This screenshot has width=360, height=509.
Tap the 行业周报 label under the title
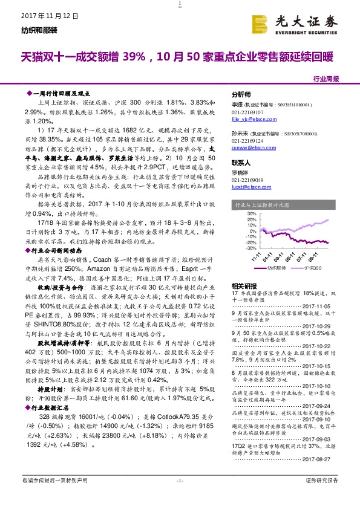pyautogui.click(x=326, y=79)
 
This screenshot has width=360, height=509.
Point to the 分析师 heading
pyautogui.click(x=241, y=95)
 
